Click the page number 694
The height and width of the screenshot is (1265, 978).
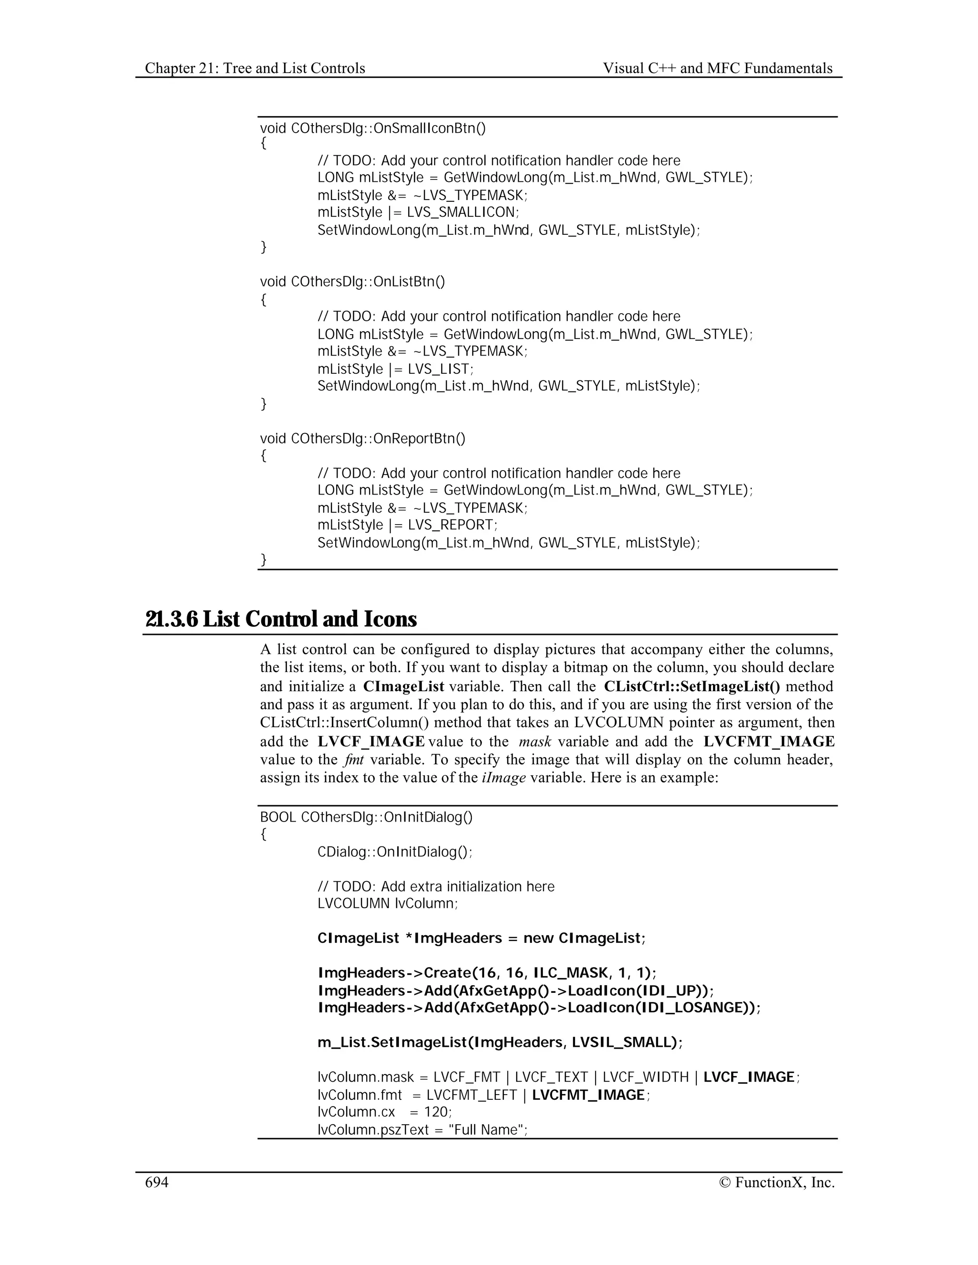(157, 1182)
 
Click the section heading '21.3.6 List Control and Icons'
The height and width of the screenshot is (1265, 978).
(281, 619)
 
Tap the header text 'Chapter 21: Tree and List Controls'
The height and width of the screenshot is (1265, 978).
(255, 68)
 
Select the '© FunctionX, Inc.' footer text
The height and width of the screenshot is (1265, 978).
(776, 1182)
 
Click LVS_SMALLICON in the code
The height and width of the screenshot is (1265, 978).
(461, 212)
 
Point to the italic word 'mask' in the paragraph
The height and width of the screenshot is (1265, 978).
(535, 742)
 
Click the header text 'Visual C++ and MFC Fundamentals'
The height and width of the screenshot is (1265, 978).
(717, 68)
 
